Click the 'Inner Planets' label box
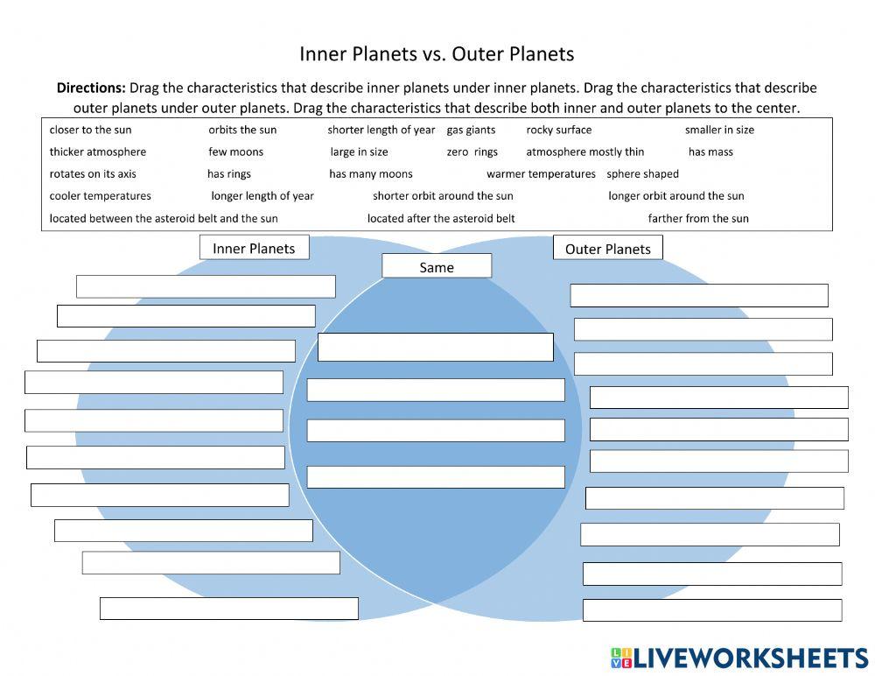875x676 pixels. pyautogui.click(x=254, y=249)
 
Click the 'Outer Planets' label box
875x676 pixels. pyautogui.click(x=607, y=249)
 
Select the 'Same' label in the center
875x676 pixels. pyautogui.click(x=437, y=267)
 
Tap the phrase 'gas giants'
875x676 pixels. pyautogui.click(x=471, y=130)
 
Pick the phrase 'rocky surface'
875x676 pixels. pyautogui.click(x=558, y=130)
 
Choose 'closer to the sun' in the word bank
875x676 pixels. pyautogui.click(x=90, y=130)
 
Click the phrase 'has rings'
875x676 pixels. pyautogui.click(x=229, y=174)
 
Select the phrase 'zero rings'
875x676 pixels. pyautogui.click(x=472, y=152)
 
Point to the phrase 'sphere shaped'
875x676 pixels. pyautogui.click(x=642, y=174)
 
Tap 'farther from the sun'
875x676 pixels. pyautogui.click(x=698, y=219)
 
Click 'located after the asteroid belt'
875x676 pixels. pyautogui.click(x=441, y=219)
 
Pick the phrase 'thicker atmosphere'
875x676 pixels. pyautogui.click(x=98, y=152)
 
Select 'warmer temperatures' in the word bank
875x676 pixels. pyautogui.click(x=541, y=174)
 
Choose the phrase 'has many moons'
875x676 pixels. pyautogui.click(x=371, y=174)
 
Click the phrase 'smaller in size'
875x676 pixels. pyautogui.click(x=719, y=130)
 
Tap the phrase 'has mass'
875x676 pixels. pyautogui.click(x=710, y=152)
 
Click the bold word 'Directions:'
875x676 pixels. pyautogui.click(x=91, y=88)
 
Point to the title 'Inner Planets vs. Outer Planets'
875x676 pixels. pyautogui.click(x=437, y=54)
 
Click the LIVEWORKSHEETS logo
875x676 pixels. pyautogui.click(x=738, y=658)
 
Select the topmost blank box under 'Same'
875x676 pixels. pyautogui.click(x=436, y=347)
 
